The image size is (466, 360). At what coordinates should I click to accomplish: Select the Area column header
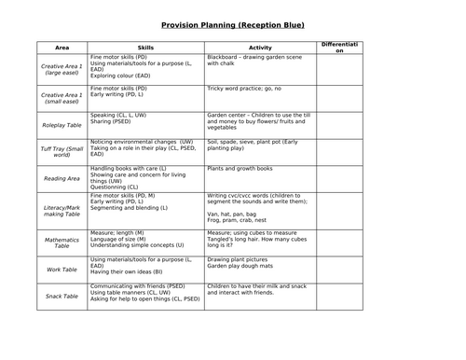[x=62, y=47]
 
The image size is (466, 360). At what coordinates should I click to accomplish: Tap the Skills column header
[x=144, y=47]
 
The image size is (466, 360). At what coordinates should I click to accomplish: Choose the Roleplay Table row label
[x=62, y=121]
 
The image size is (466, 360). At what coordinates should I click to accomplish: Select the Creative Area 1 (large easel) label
[x=62, y=67]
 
